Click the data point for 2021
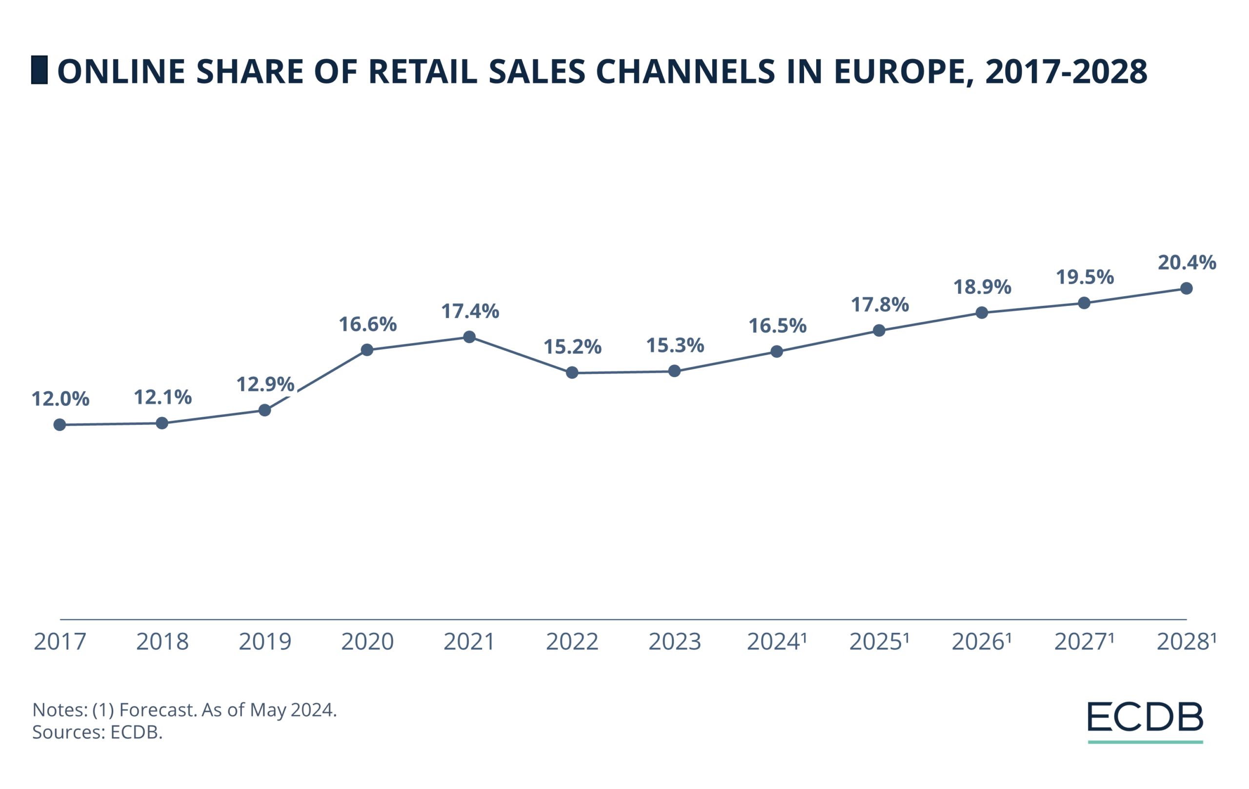click(469, 337)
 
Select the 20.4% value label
click(1187, 263)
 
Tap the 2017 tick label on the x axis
click(60, 642)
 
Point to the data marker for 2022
click(572, 372)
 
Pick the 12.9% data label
click(265, 384)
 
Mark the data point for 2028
click(1186, 288)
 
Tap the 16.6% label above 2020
click(368, 325)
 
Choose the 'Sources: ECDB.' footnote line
click(98, 732)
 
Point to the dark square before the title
click(40, 70)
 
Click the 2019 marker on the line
click(264, 410)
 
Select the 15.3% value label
click(675, 345)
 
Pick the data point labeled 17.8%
click(879, 330)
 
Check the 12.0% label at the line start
click(60, 399)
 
